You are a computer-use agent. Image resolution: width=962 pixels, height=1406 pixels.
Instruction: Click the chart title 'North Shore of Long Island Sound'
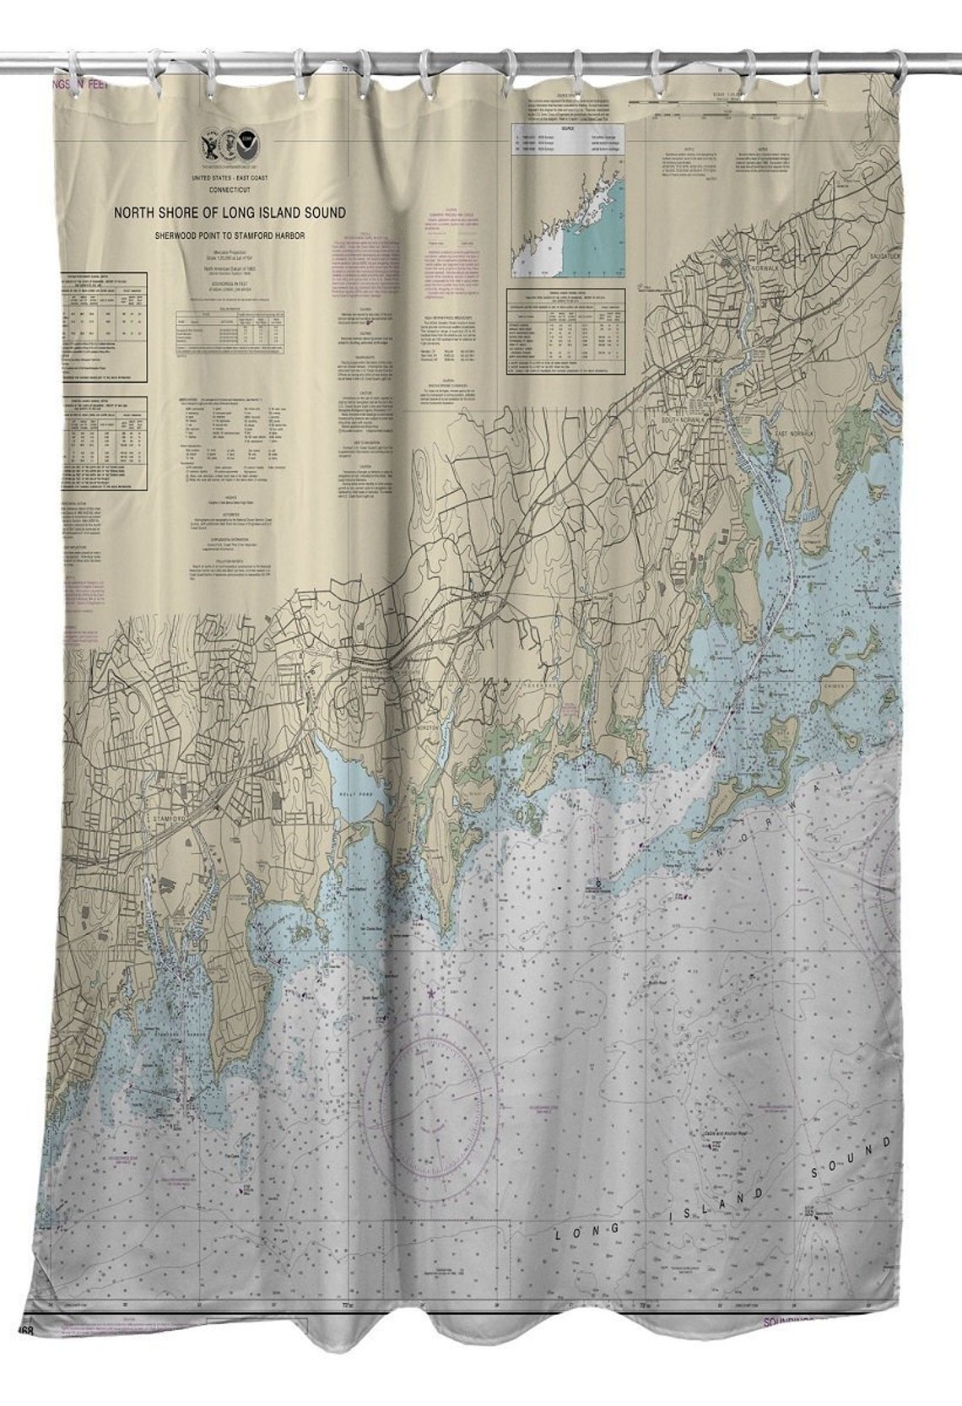click(230, 213)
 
